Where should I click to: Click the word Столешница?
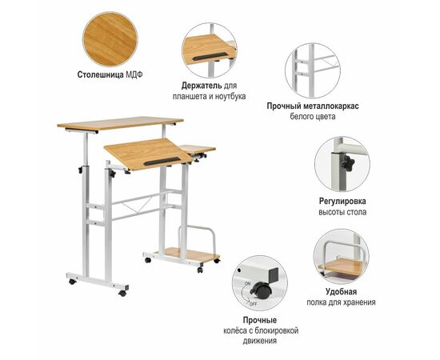click(100, 74)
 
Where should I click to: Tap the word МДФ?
click(134, 74)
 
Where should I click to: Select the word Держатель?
click(202, 86)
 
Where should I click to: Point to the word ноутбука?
click(230, 97)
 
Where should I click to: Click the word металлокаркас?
click(331, 106)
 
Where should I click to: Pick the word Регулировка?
click(342, 201)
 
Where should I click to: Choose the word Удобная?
click(341, 291)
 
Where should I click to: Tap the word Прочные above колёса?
click(260, 320)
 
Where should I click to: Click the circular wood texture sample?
click(110, 39)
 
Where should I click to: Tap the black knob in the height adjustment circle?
click(347, 162)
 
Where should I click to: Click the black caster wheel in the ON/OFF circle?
click(261, 290)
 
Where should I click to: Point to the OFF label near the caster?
click(253, 304)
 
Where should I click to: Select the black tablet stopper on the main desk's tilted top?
click(162, 161)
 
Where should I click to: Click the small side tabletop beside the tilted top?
click(198, 149)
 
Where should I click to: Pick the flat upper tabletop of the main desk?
click(120, 123)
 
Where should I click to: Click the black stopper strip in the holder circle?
click(210, 56)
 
